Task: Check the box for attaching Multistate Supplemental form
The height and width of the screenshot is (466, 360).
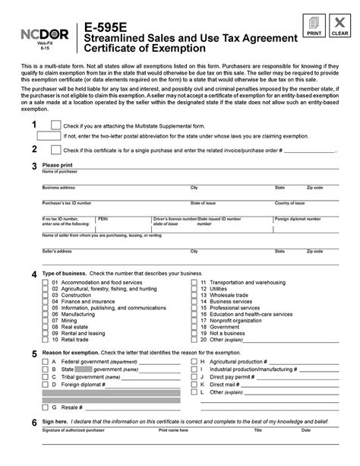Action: click(x=55, y=125)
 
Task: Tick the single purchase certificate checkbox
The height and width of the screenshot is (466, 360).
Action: click(x=55, y=150)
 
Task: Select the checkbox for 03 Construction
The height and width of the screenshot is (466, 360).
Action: click(x=45, y=295)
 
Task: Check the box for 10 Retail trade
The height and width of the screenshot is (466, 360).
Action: click(x=45, y=338)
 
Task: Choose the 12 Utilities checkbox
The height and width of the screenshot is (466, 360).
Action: click(x=193, y=289)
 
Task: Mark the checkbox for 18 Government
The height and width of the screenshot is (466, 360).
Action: click(x=193, y=326)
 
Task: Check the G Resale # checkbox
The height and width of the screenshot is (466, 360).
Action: click(x=45, y=407)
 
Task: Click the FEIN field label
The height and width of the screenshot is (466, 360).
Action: click(x=103, y=217)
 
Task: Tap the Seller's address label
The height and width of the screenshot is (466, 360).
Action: click(x=57, y=250)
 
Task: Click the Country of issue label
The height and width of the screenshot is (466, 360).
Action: click(x=289, y=203)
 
